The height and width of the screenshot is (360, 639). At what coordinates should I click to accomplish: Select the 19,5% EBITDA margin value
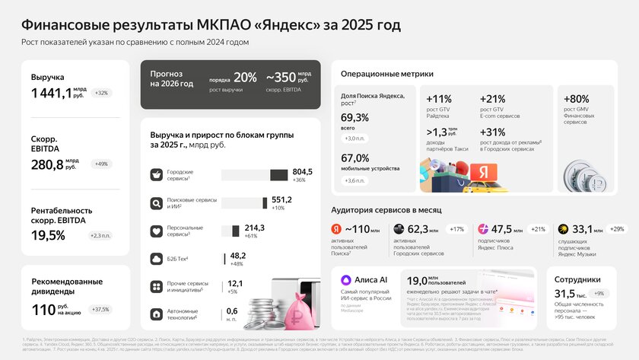point(48,235)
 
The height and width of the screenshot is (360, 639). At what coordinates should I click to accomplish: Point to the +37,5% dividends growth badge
point(100,309)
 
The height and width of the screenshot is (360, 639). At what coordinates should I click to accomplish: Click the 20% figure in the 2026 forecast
point(245,77)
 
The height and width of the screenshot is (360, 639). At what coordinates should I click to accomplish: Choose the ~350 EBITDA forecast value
point(280,77)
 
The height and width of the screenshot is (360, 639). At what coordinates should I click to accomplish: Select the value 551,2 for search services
point(303,199)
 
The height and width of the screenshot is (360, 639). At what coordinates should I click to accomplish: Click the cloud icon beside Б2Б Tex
point(156,259)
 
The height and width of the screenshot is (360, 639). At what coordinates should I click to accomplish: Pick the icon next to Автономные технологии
point(156,314)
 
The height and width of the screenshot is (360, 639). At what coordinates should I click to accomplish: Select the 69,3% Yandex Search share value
point(355,117)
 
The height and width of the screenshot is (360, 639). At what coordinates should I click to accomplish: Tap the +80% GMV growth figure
point(577,99)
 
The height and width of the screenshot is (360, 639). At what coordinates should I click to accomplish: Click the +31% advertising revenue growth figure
point(493,132)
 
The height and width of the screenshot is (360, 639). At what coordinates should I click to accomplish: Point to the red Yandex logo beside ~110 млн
point(336,229)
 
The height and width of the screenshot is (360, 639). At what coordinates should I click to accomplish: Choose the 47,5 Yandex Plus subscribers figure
point(501,228)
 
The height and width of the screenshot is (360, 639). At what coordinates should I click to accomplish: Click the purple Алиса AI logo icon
point(346,279)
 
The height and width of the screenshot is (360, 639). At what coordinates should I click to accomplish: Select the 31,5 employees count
point(564,293)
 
